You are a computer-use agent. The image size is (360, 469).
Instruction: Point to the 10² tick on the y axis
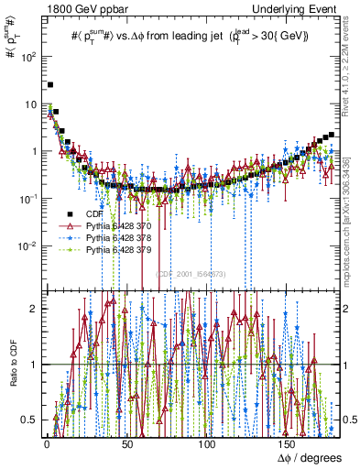click(29, 56)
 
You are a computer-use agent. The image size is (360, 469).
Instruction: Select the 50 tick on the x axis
click(127, 443)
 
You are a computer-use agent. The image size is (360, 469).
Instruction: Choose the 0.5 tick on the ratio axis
click(30, 420)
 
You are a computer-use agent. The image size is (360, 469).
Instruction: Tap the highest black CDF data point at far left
click(50, 84)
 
